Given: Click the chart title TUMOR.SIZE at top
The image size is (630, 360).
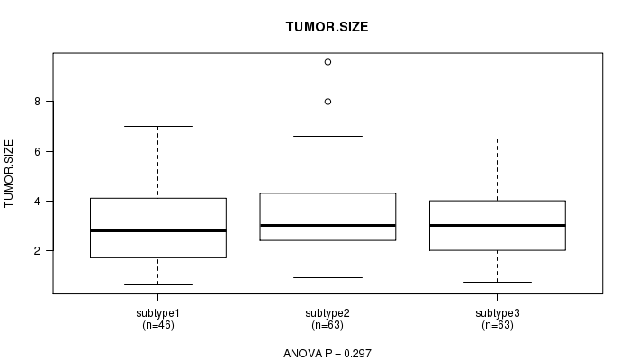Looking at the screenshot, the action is point(327,27).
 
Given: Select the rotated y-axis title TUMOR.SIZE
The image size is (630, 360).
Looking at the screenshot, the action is point(9,174).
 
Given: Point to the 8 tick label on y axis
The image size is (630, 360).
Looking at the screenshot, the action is point(38,102).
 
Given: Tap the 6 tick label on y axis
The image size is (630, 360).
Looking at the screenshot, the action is point(38,151).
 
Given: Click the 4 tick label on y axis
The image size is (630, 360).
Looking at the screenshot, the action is point(38,201).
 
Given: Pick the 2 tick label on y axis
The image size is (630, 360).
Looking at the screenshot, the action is point(38,251).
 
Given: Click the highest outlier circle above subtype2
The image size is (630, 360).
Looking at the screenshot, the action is point(328,62).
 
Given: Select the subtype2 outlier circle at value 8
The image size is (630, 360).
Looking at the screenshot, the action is point(328,102).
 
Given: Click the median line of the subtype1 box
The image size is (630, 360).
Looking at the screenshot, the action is point(158,230).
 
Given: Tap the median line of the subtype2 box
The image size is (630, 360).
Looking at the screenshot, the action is point(328,225).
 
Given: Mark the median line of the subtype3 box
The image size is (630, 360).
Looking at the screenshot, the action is point(498,225).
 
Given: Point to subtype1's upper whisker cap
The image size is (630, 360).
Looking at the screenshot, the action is point(158,126).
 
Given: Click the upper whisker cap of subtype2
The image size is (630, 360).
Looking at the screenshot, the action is point(328,136).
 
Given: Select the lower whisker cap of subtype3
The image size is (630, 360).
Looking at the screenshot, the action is point(498,282).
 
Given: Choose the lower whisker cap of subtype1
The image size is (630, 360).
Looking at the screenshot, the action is point(158,285).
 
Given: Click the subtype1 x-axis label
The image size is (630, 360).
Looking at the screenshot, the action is point(157,313).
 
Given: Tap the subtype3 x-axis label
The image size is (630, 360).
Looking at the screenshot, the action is point(498,313).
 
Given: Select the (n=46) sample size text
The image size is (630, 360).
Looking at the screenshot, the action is point(158,325).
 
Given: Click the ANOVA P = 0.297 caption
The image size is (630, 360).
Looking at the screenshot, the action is point(328,353).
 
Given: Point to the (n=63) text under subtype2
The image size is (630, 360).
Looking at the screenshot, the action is point(328,325).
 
